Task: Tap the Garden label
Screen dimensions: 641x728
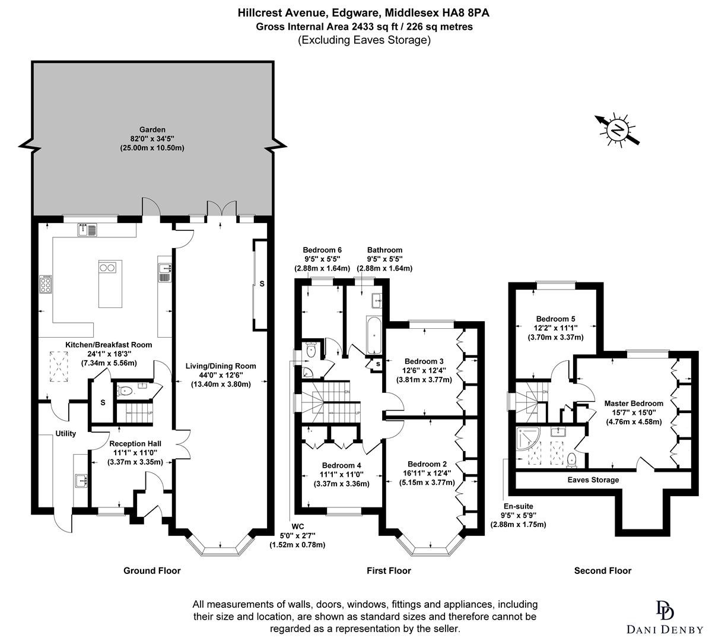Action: tap(152, 129)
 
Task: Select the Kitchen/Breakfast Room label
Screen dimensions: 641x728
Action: tap(109, 345)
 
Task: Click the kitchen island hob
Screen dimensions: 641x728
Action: tap(107, 268)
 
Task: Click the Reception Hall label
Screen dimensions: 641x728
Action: tap(135, 443)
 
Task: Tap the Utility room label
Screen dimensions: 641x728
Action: tap(65, 434)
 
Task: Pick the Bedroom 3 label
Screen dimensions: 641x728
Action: tap(424, 361)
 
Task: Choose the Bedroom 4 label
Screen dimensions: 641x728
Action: tap(341, 465)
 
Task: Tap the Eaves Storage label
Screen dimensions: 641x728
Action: tap(593, 480)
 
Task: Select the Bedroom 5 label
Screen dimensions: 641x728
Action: tap(555, 318)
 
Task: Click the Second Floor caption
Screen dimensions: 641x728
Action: tap(602, 571)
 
